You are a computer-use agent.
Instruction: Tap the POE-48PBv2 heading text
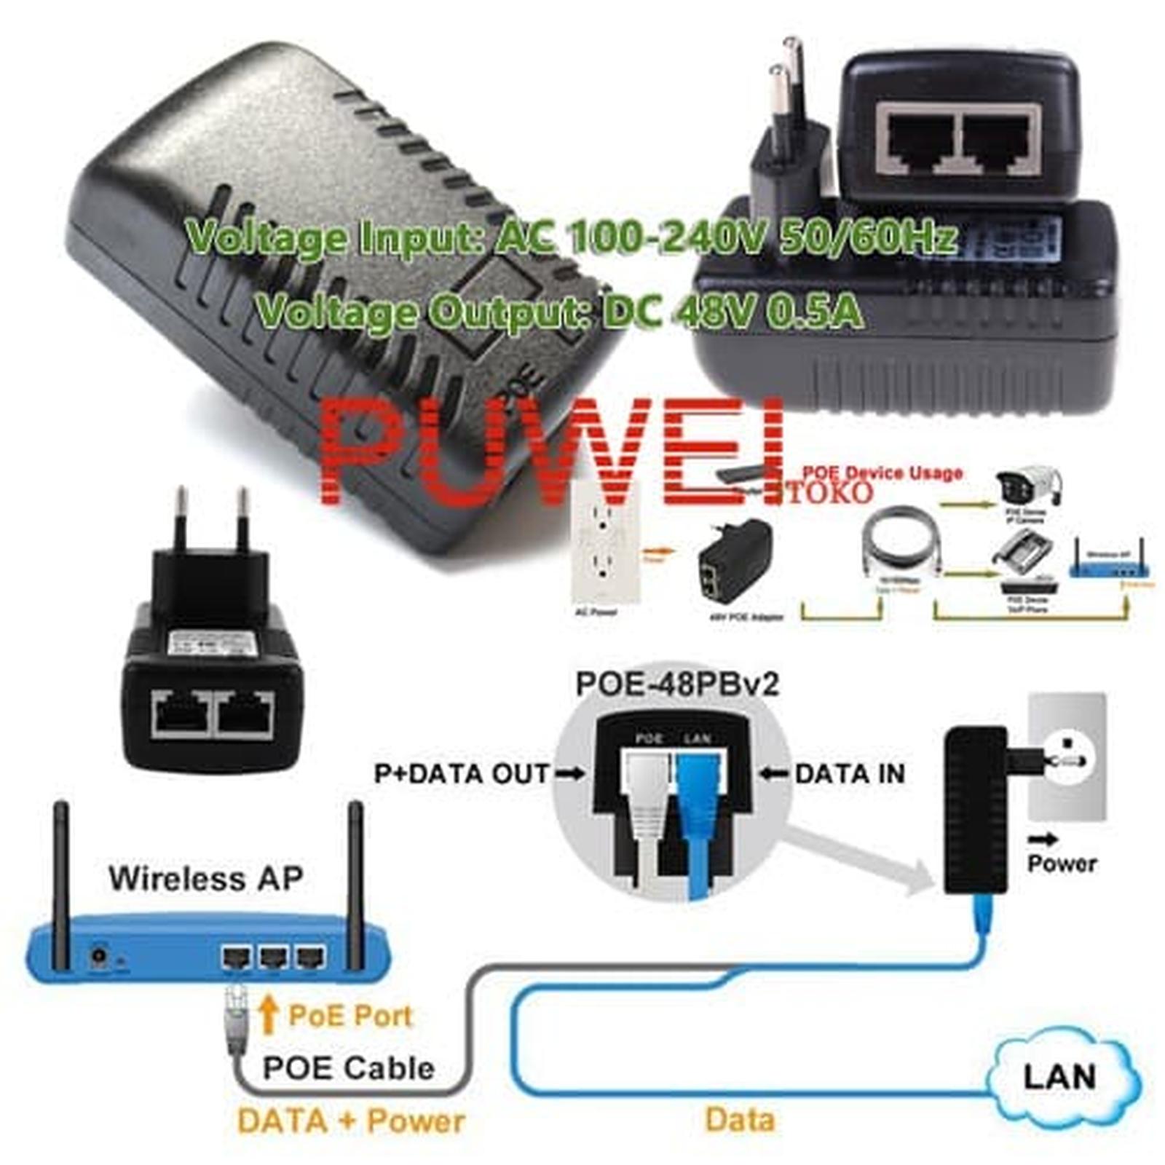pos(677,684)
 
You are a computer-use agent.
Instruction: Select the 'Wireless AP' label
pos(206,877)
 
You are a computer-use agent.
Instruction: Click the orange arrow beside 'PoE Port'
pos(269,1014)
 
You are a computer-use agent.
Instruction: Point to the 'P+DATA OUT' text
pos(462,773)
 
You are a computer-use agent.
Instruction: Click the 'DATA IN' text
pos(850,773)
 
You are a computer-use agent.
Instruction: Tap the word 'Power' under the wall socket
pos(1062,864)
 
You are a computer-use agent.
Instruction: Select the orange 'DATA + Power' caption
pos(351,1121)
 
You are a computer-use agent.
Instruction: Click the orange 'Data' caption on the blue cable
pos(740,1119)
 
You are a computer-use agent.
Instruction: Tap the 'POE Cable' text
pos(348,1068)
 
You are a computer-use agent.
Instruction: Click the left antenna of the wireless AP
pos(62,881)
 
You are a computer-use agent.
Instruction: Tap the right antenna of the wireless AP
pos(355,881)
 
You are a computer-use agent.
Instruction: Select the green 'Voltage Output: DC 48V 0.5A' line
pos(561,312)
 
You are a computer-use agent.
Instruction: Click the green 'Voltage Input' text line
pos(572,237)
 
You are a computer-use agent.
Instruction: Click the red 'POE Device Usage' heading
pos(882,473)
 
